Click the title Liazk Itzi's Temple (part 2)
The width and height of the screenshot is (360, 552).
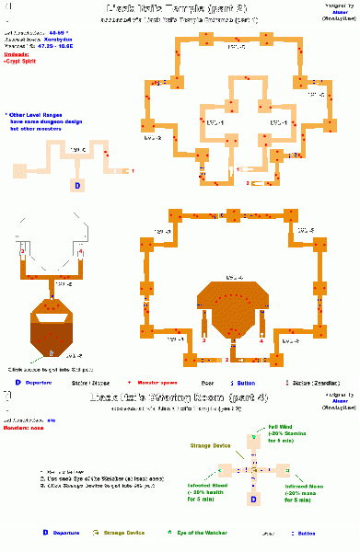(x=181, y=8)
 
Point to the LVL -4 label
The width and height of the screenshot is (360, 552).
(x=234, y=277)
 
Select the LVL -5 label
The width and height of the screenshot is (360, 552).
(x=64, y=285)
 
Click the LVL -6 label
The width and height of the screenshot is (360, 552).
(x=74, y=355)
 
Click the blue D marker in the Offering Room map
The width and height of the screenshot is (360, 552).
(x=254, y=500)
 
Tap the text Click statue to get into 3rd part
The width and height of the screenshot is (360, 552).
(x=57, y=369)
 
